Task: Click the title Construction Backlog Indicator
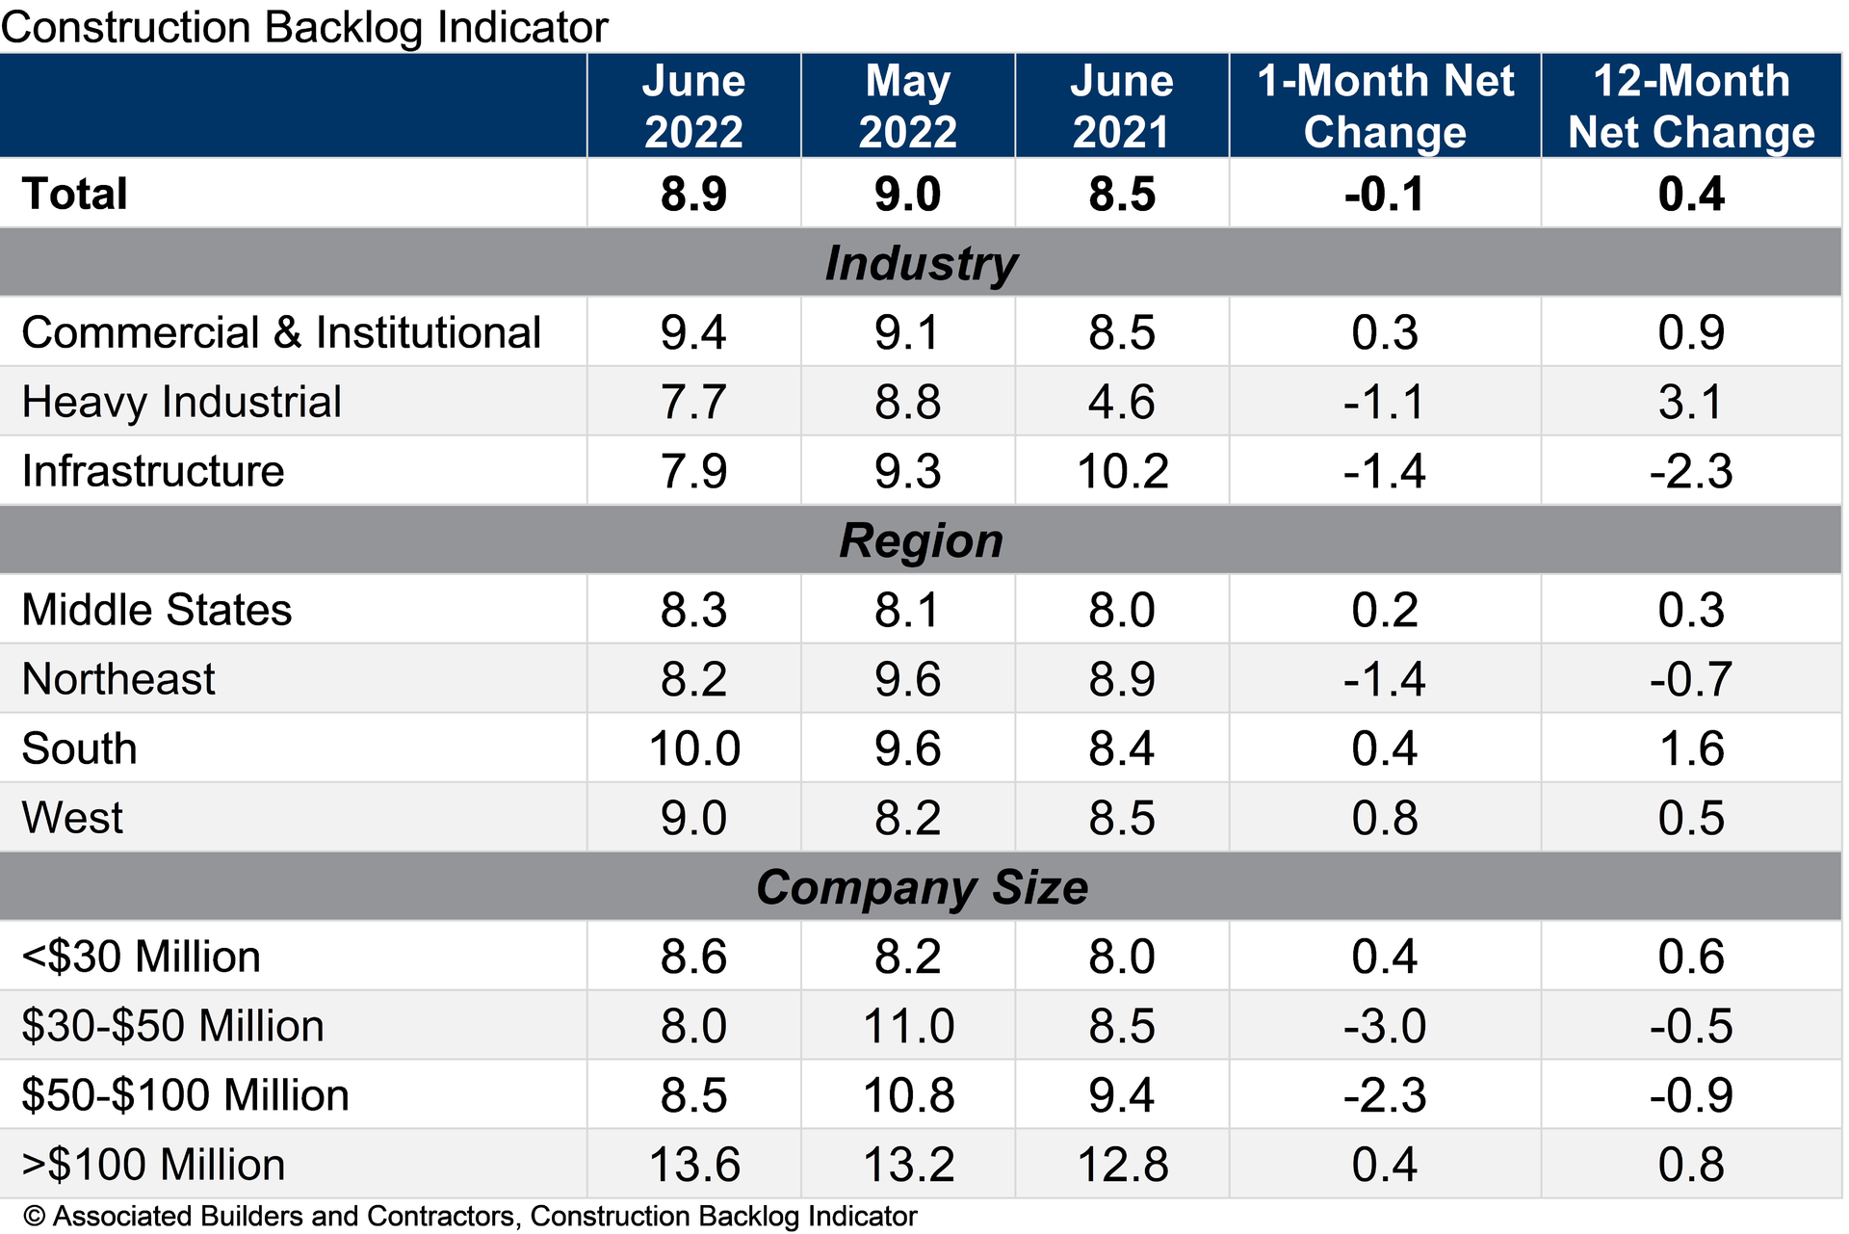(x=304, y=27)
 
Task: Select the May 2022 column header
(x=907, y=106)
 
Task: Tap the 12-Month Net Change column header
(x=1691, y=106)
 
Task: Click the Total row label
(x=75, y=194)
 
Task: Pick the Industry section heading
(x=921, y=263)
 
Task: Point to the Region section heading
(x=921, y=540)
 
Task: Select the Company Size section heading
(x=921, y=887)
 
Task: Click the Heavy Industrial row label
(x=181, y=402)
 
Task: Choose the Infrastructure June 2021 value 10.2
(x=1122, y=472)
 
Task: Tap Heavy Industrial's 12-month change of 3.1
(x=1691, y=402)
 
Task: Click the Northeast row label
(x=118, y=679)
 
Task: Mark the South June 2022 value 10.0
(x=693, y=748)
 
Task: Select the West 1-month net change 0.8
(x=1384, y=818)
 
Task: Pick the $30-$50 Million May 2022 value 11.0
(x=907, y=1026)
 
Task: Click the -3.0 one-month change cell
(x=1384, y=1026)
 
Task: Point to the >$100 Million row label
(x=153, y=1165)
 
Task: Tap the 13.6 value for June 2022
(x=693, y=1165)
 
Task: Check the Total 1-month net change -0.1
(x=1384, y=194)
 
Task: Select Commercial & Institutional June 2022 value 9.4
(x=693, y=332)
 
